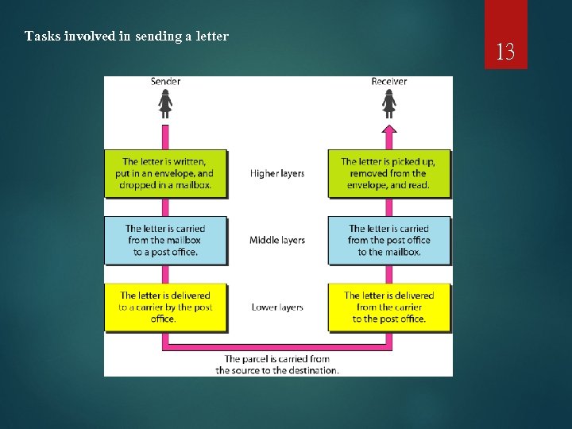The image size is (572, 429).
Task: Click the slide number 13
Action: pyautogui.click(x=505, y=53)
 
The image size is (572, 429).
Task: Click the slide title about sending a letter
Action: pyautogui.click(x=126, y=36)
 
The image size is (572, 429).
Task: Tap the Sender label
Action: pyautogui.click(x=165, y=82)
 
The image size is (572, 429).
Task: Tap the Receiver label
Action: pyautogui.click(x=388, y=82)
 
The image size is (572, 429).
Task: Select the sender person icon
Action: pyautogui.click(x=165, y=103)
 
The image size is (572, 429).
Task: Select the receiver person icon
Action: pyautogui.click(x=388, y=103)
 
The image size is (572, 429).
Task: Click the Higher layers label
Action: pyautogui.click(x=277, y=173)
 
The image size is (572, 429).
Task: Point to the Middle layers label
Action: pyautogui.click(x=277, y=240)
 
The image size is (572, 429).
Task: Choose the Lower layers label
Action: pyautogui.click(x=277, y=307)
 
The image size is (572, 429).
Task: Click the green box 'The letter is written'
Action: pyautogui.click(x=165, y=173)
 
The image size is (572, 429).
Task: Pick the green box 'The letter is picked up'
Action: pyautogui.click(x=388, y=173)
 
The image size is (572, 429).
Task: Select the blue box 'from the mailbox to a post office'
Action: pyautogui.click(x=165, y=240)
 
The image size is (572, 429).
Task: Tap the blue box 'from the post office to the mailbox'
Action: pyautogui.click(x=388, y=240)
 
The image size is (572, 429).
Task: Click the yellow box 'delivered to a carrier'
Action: pyautogui.click(x=165, y=307)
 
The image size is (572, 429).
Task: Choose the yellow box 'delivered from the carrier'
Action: pyautogui.click(x=388, y=307)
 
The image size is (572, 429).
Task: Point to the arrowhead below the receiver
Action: pyautogui.click(x=388, y=129)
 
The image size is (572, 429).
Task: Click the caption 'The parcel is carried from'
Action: pyautogui.click(x=277, y=359)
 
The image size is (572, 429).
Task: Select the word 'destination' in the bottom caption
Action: pyautogui.click(x=312, y=370)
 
